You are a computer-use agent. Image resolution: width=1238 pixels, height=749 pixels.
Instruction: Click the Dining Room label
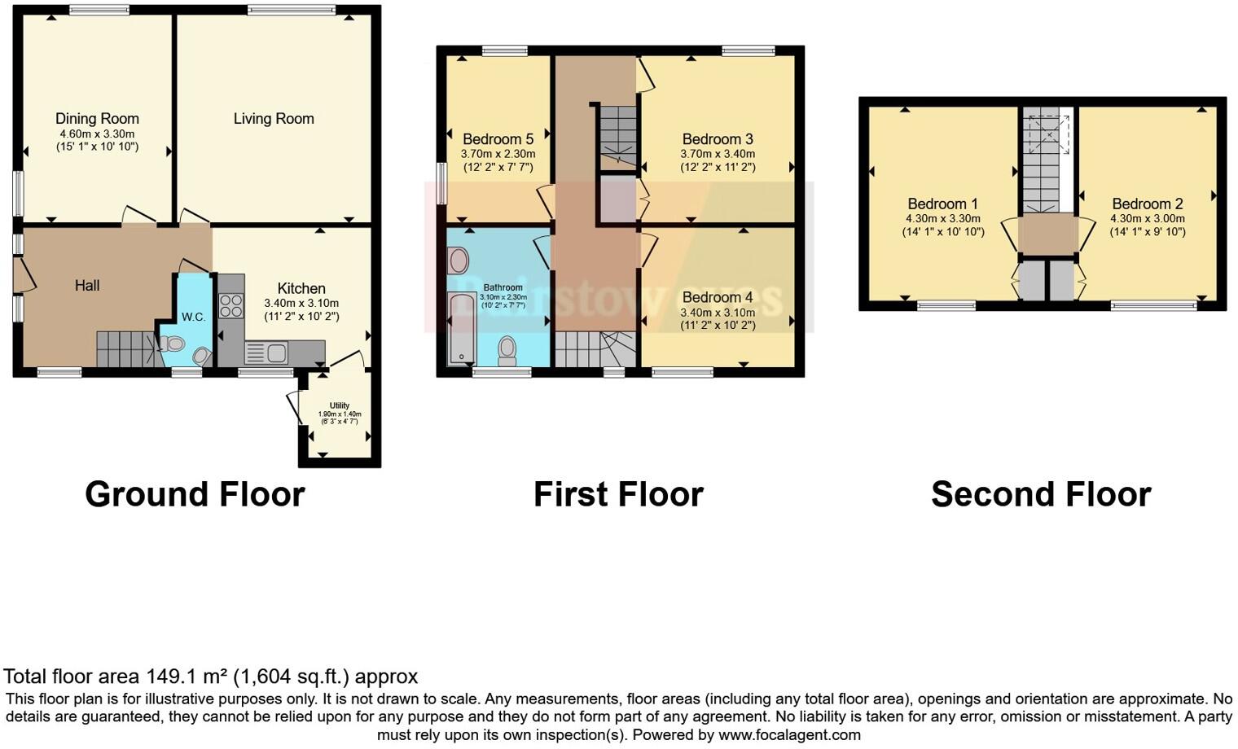coord(97,119)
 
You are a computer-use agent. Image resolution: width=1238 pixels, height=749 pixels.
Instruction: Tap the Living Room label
coord(274,119)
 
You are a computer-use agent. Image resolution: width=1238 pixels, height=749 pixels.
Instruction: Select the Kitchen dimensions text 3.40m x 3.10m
coord(301,303)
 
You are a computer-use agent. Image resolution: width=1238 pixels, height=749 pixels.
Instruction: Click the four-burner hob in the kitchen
coord(230,305)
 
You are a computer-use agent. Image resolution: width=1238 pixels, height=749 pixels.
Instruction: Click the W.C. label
coord(193,317)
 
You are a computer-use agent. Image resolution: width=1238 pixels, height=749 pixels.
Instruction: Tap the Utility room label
coord(340,405)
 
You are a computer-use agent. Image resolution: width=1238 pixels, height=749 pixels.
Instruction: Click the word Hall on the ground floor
coord(87,285)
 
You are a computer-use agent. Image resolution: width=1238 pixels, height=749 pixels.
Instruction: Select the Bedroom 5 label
coord(498,139)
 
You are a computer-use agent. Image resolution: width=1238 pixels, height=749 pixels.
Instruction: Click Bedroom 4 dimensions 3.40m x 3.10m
coord(718,313)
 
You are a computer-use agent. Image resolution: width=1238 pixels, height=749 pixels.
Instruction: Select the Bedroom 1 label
coord(942,204)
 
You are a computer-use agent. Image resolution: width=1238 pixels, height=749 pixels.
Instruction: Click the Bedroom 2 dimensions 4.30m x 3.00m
coord(1147,219)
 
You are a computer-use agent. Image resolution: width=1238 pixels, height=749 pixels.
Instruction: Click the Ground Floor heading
coord(195,494)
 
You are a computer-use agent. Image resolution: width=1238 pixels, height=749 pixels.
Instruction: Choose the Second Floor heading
coord(1041,494)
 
